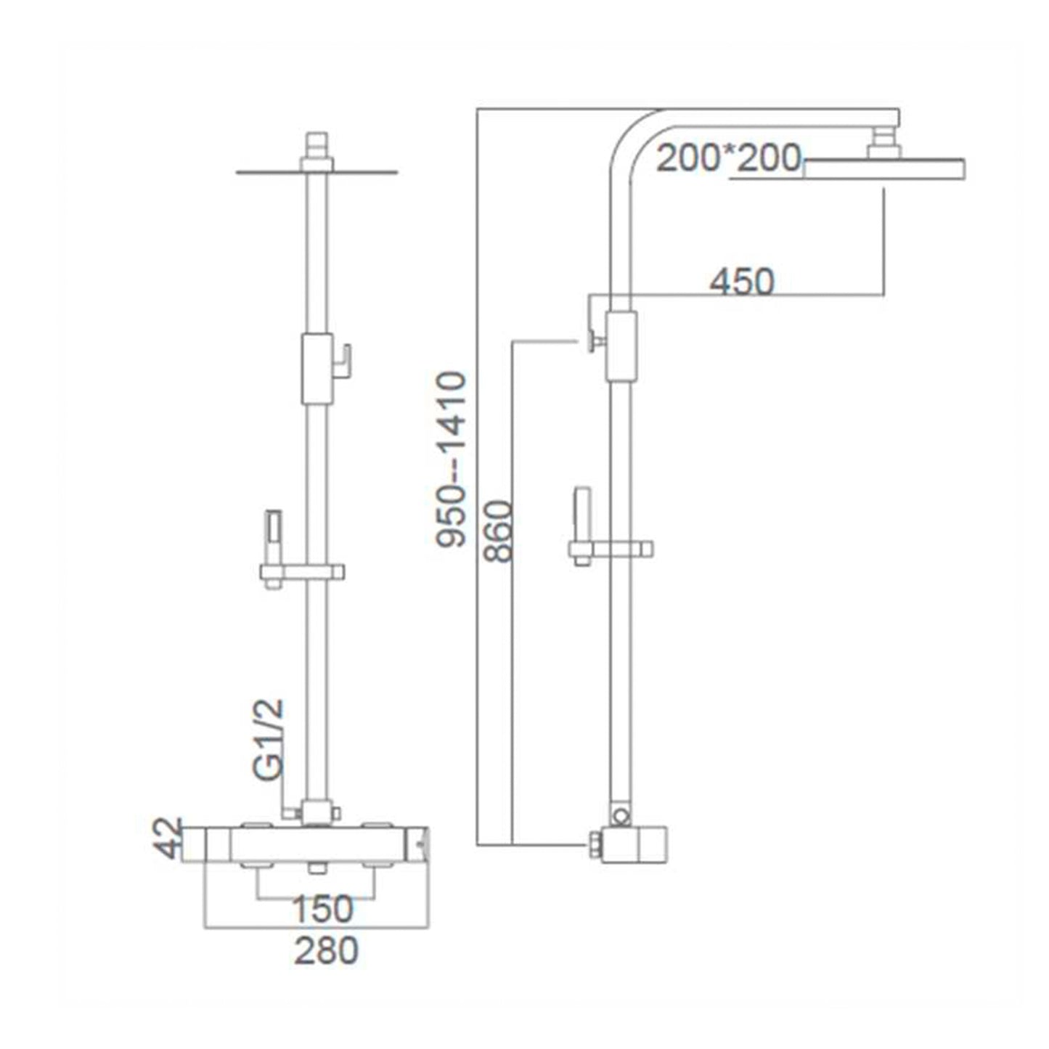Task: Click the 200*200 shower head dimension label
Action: point(729,159)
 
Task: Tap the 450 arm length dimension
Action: point(741,282)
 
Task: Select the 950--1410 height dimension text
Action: point(452,459)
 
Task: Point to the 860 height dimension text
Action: point(499,531)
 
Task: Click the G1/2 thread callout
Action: point(269,740)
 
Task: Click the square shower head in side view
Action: point(885,168)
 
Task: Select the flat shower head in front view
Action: point(317,173)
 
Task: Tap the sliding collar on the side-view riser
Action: point(621,346)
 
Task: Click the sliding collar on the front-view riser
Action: point(317,370)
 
